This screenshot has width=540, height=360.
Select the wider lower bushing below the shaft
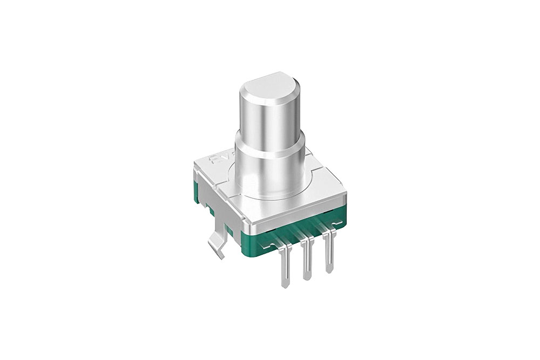[269, 167]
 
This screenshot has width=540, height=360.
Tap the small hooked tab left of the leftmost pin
[266, 243]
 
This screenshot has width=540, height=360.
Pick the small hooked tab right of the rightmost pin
[337, 222]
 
